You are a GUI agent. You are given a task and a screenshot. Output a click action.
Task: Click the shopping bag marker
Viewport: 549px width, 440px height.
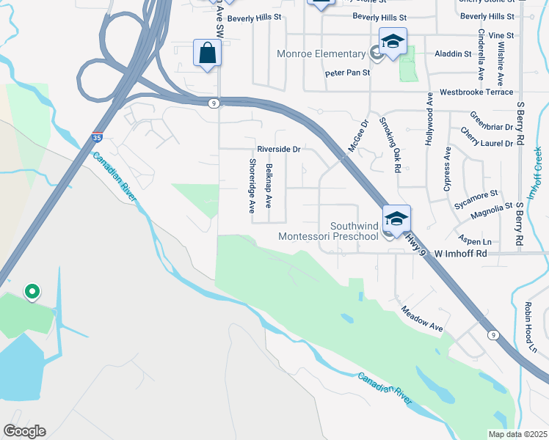coord(208,54)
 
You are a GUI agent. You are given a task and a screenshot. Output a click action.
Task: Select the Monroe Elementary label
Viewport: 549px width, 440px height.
coord(321,54)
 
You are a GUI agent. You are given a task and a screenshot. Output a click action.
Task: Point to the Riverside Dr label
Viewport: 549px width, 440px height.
coord(279,149)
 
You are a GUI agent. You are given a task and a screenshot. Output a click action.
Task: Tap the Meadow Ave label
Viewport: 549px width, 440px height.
coord(421,319)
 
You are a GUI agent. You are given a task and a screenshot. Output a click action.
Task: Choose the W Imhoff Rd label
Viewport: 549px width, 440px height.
coord(461,254)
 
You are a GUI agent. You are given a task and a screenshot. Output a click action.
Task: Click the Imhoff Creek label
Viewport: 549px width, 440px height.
coord(537,172)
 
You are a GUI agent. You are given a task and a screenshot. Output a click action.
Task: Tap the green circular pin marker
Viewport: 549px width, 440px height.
coord(32,293)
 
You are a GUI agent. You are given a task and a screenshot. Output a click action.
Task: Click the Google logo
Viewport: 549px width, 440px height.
coord(24,431)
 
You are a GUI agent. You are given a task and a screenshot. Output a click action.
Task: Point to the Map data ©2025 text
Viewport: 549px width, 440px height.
coord(517,434)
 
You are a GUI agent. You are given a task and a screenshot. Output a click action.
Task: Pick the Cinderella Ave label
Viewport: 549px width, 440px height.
coord(481,54)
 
